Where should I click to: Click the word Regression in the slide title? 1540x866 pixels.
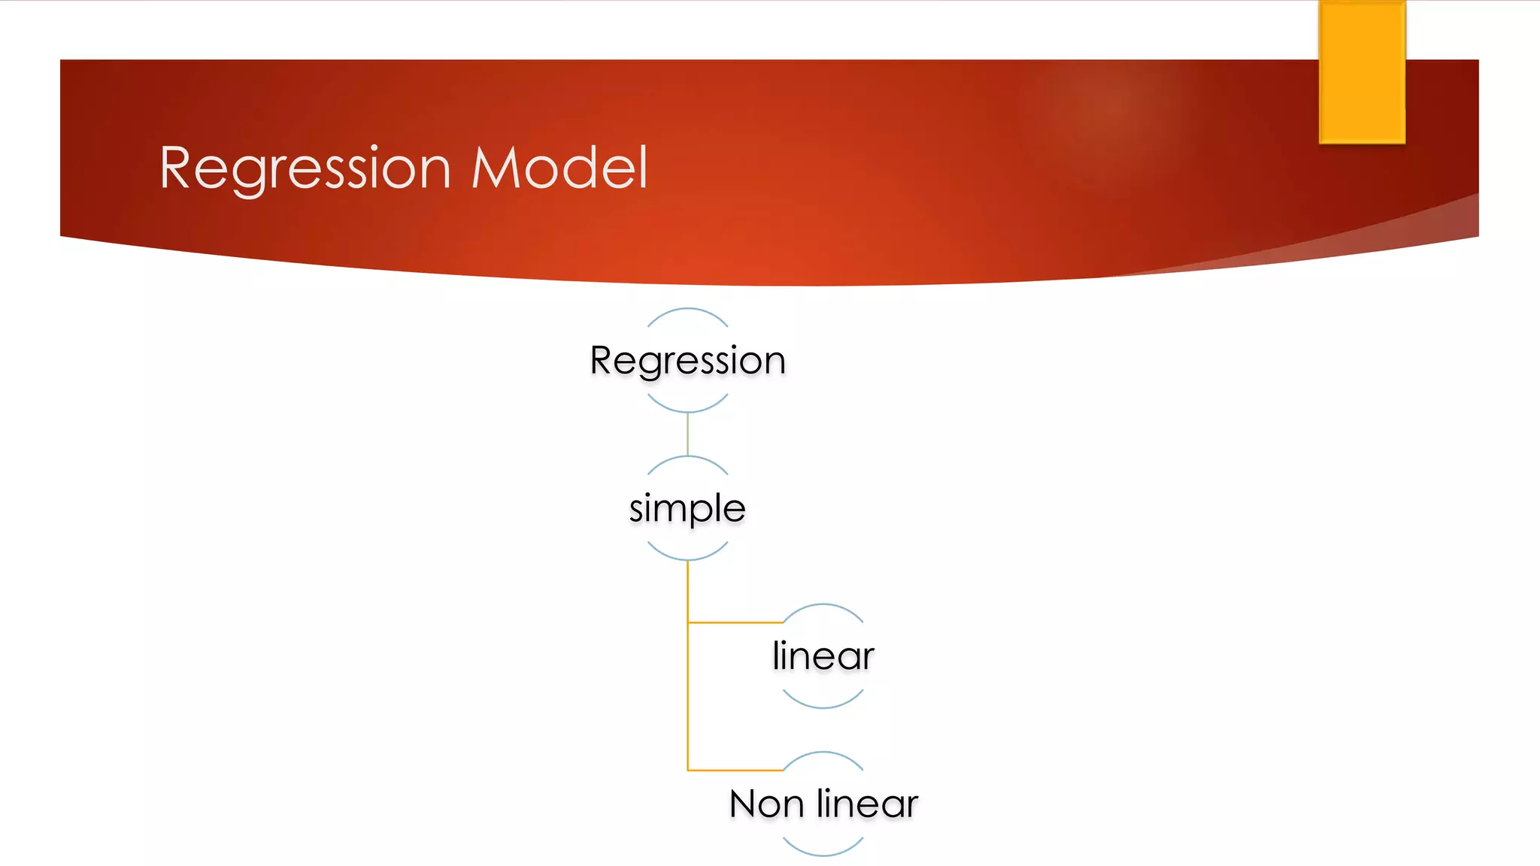click(x=305, y=168)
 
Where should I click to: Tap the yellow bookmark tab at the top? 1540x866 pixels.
click(x=1362, y=71)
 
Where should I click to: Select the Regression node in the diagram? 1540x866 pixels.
click(x=687, y=360)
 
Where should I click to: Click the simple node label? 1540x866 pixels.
click(x=687, y=509)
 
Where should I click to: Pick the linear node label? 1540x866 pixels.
click(x=823, y=656)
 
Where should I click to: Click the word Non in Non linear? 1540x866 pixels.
click(x=766, y=804)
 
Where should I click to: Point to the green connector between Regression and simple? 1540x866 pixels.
click(x=687, y=434)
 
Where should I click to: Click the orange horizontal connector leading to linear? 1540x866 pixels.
click(x=735, y=622)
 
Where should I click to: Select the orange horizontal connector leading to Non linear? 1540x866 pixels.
click(x=735, y=771)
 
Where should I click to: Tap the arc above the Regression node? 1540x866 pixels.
click(x=687, y=309)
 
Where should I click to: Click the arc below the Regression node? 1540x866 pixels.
click(x=687, y=411)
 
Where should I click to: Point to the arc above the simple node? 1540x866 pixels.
click(x=687, y=457)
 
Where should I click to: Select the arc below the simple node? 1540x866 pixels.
click(x=687, y=559)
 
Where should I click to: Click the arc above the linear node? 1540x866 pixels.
click(x=823, y=604)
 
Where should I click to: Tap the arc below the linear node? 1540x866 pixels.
click(x=823, y=707)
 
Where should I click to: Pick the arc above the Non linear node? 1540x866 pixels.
click(x=823, y=752)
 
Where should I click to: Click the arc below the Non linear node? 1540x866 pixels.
click(x=823, y=855)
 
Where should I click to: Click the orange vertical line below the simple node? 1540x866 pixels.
click(x=687, y=677)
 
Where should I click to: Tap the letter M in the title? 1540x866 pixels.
click(x=497, y=168)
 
